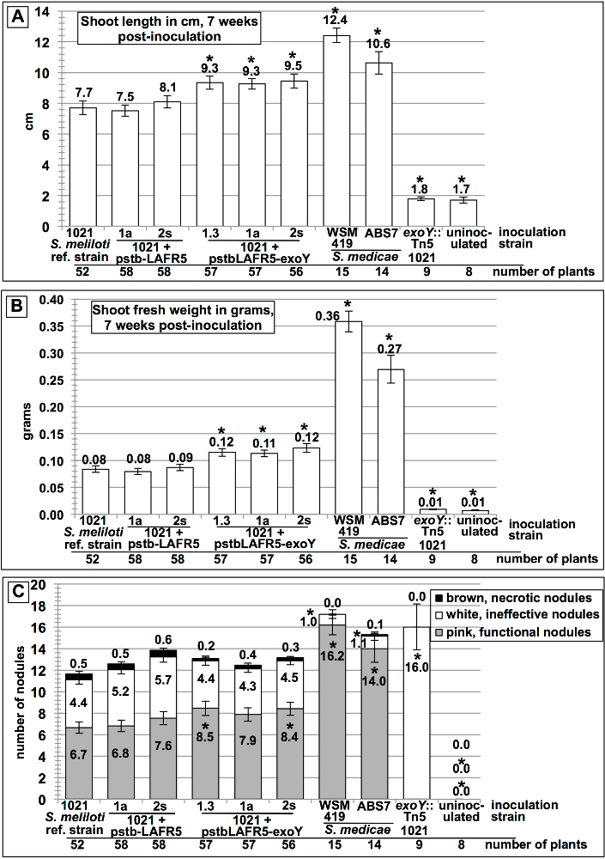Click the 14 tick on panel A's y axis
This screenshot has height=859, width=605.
click(x=46, y=12)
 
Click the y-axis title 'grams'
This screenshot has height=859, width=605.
click(x=15, y=406)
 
